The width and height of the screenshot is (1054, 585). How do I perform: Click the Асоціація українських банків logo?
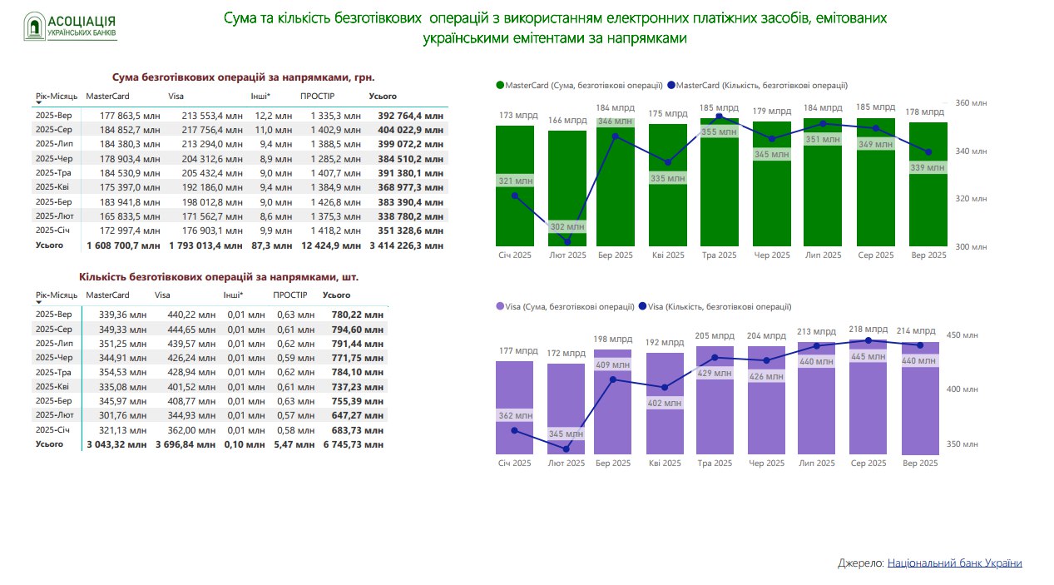70,27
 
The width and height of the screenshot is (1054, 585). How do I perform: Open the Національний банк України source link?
954,563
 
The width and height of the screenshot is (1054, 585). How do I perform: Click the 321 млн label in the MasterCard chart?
515,181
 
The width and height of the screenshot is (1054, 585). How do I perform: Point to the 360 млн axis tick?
971,103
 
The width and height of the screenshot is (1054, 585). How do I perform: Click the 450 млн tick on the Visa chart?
966,335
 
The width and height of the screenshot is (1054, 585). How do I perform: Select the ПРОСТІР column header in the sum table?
317,97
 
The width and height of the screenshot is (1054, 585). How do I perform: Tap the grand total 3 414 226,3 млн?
406,245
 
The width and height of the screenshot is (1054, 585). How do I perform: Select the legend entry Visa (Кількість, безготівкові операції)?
715,307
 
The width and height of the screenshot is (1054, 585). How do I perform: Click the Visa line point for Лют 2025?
567,449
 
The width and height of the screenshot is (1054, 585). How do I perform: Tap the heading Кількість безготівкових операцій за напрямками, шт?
220,276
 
